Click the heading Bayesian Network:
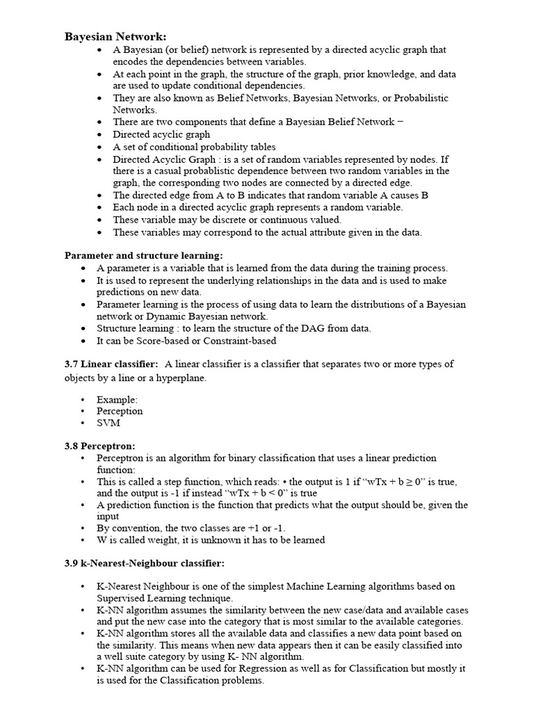pyautogui.click(x=115, y=37)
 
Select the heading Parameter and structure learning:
pyautogui.click(x=144, y=255)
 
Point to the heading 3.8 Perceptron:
pyautogui.click(x=100, y=445)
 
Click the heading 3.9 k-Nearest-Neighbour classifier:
pyautogui.click(x=145, y=563)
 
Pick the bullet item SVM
pyautogui.click(x=108, y=423)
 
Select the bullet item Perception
pyautogui.click(x=120, y=411)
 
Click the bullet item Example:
pyautogui.click(x=117, y=399)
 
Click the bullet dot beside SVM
pyautogui.click(x=83, y=423)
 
